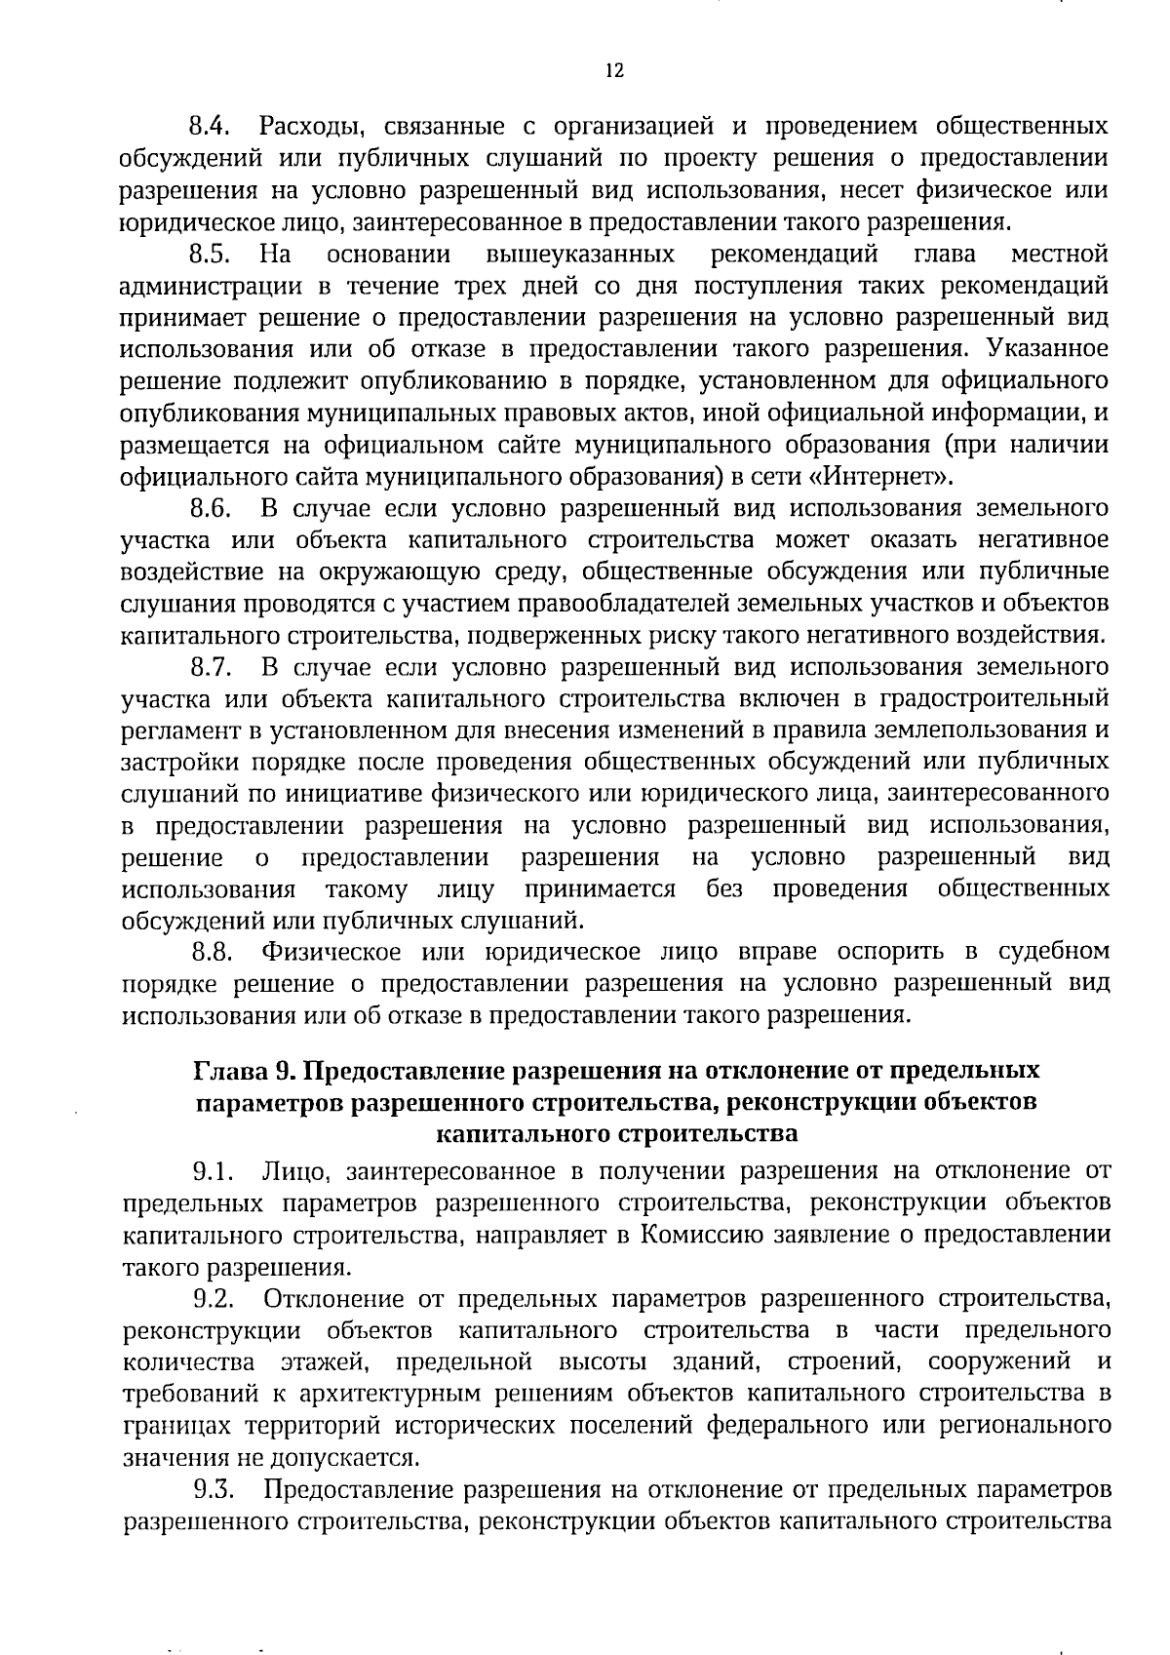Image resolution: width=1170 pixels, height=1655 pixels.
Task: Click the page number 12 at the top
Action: coord(613,70)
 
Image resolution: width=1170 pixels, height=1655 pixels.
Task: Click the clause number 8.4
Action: coord(209,127)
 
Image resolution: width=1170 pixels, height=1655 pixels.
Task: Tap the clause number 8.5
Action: coord(209,256)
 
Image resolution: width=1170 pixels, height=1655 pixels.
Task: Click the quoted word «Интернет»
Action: coord(882,477)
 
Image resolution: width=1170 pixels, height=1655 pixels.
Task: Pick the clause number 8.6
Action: coord(209,509)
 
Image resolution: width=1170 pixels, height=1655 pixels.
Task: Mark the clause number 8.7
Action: coord(209,668)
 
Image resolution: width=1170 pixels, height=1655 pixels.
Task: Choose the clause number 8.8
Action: coord(209,952)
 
